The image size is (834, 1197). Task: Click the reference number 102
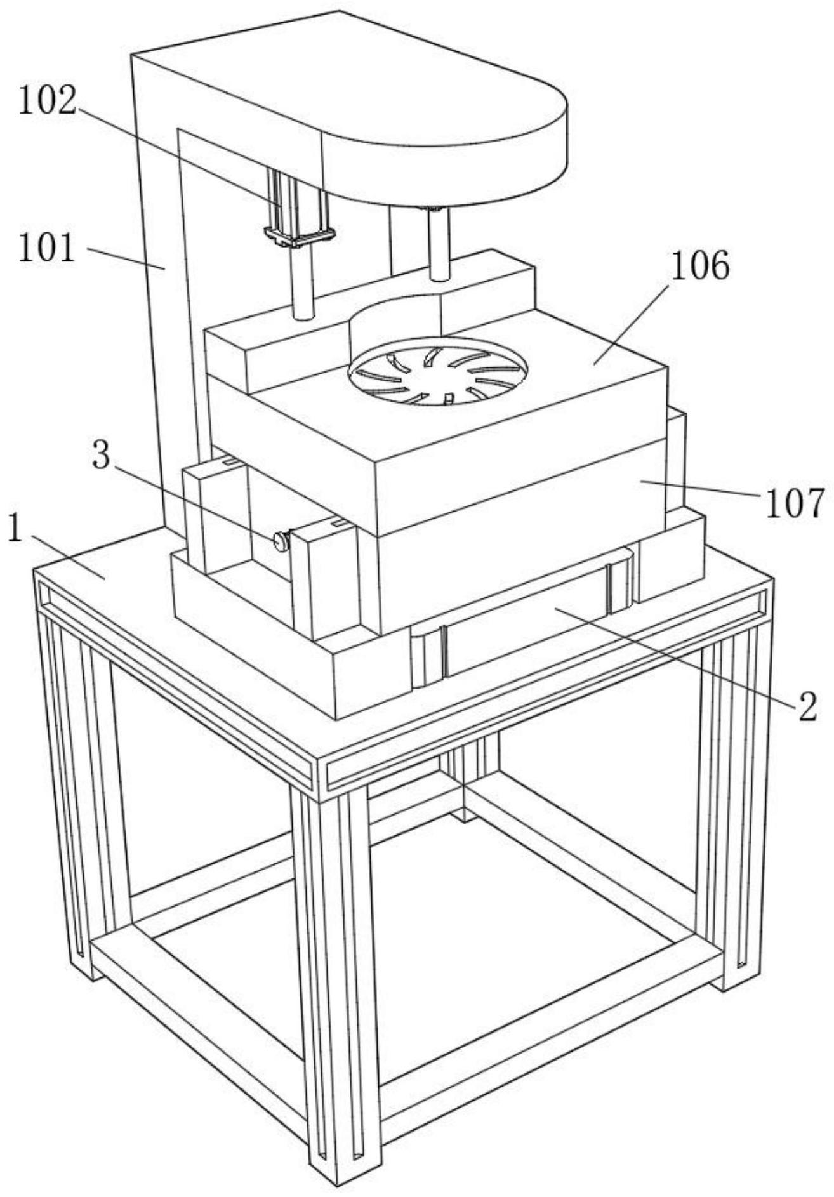coord(47,102)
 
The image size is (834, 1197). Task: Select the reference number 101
coord(46,248)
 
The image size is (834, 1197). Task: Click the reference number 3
coord(101,455)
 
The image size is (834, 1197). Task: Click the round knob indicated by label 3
coord(280,540)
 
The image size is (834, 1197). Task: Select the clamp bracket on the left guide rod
coord(298,237)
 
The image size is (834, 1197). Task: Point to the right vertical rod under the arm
coord(439,244)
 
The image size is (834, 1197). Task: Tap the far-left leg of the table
coord(70,793)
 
